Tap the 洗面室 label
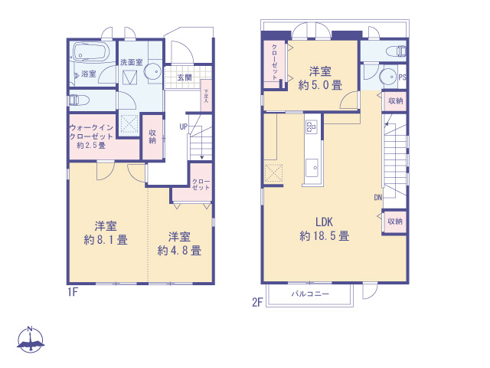(130, 61)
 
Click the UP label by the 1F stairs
(184, 127)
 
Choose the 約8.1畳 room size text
(106, 239)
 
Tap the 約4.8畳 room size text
(179, 250)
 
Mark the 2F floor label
(258, 302)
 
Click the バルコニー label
(310, 294)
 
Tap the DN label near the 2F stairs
(377, 197)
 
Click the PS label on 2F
(402, 77)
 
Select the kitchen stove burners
(312, 127)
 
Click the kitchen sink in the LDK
(312, 167)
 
